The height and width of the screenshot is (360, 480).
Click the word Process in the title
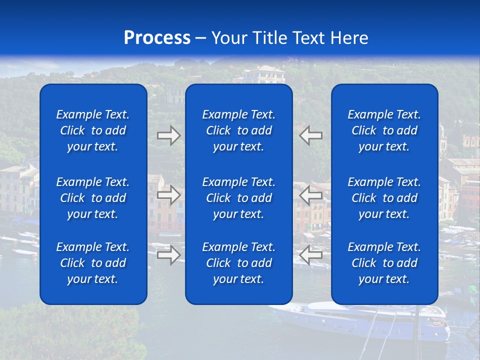coord(157,38)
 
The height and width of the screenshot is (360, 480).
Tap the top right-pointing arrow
coord(168,135)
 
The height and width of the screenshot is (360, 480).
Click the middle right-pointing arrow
coord(168,195)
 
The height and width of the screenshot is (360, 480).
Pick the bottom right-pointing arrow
coord(168,255)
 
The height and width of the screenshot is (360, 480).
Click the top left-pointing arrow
coord(311,135)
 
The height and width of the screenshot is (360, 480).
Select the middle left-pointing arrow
coord(311,195)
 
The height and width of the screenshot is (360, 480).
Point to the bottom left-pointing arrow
coord(311,255)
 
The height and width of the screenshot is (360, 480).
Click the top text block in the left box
coord(93,130)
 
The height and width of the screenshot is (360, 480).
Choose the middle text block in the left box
coord(93,198)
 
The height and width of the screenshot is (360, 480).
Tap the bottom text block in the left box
coord(93,263)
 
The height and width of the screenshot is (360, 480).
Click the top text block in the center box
coord(238,130)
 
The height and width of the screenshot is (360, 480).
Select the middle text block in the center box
coord(238,198)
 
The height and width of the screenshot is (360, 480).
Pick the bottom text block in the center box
coord(238,263)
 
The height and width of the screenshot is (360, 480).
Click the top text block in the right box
coord(384,130)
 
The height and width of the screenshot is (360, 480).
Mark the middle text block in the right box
coord(384,198)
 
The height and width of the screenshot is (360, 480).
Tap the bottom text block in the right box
coord(384,263)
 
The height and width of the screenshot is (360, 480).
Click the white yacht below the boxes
coord(360,320)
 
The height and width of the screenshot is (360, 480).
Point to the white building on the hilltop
coord(263,75)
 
